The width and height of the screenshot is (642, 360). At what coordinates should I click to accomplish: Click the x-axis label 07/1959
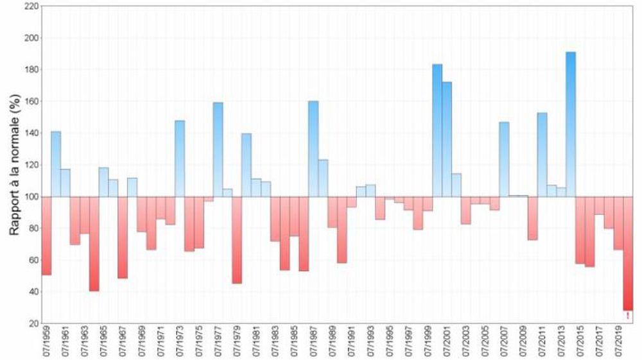coord(47,344)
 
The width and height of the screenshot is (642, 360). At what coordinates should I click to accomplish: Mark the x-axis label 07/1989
coord(333,344)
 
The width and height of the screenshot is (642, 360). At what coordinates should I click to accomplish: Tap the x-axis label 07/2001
coord(447,344)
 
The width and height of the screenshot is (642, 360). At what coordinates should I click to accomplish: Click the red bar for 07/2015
coord(580,230)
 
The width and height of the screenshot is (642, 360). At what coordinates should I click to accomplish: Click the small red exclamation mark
coord(627,314)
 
